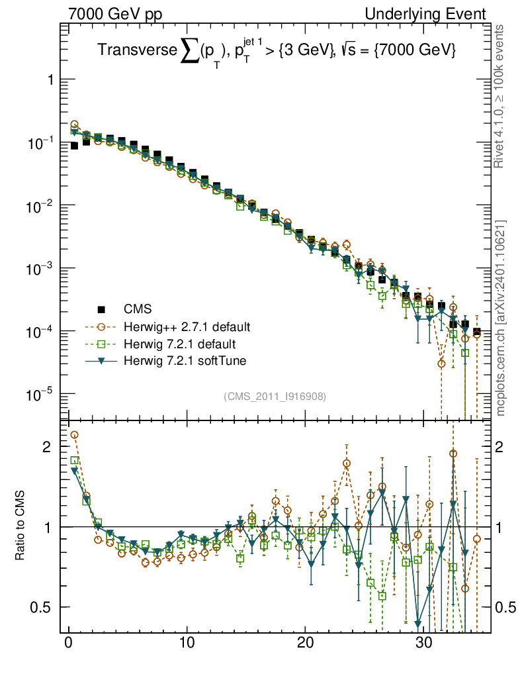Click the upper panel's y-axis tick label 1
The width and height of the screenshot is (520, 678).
pos(48,80)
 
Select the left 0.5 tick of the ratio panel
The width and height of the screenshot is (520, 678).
pos(43,607)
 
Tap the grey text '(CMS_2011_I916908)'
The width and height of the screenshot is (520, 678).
pos(275,396)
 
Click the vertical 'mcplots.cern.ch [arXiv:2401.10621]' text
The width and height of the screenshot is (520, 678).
pos(501,318)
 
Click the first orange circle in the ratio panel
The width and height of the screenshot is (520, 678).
pos(74,435)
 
